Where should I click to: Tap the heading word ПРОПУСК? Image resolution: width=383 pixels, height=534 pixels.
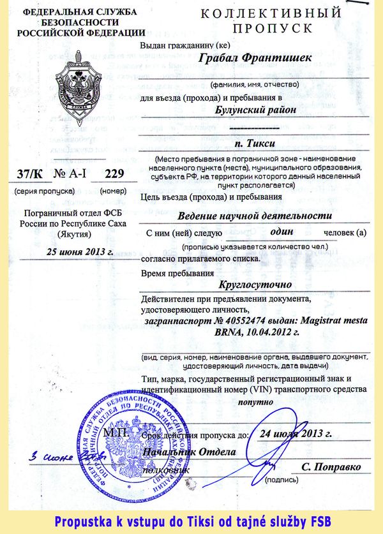pos(273,29)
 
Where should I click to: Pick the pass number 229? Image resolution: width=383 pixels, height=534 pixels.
pos(114,174)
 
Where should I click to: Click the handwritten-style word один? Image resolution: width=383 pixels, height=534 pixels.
pos(282,232)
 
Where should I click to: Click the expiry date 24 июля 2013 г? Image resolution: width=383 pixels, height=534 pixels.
pos(296,434)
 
